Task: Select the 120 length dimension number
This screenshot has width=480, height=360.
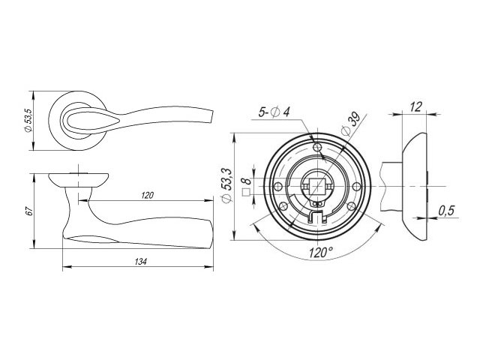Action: click(147, 196)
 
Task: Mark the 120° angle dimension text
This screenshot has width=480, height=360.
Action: click(320, 253)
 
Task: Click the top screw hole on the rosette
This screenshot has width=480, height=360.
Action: click(318, 146)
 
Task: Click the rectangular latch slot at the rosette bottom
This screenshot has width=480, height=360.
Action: click(317, 217)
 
